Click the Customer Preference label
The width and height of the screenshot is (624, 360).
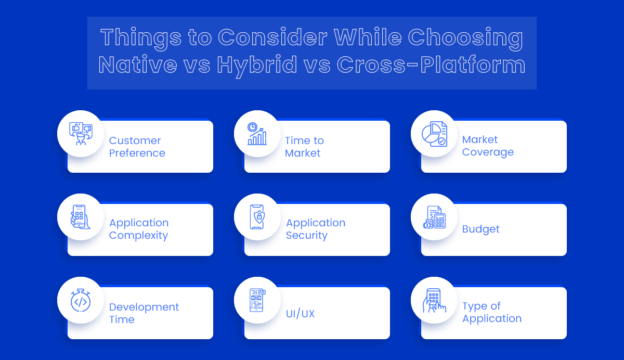point(138,147)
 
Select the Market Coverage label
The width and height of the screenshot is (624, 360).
point(488,147)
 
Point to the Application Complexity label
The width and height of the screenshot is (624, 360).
point(138,229)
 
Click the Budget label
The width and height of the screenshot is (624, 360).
point(480,229)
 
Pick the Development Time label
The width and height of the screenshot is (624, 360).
point(144,313)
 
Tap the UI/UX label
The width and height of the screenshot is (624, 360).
point(300,313)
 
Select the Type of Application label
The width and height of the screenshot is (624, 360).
point(491,313)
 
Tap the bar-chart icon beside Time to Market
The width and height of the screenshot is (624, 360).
point(256,132)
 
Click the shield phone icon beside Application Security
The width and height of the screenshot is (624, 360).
point(256,216)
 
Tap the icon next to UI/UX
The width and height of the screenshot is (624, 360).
point(256,299)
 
